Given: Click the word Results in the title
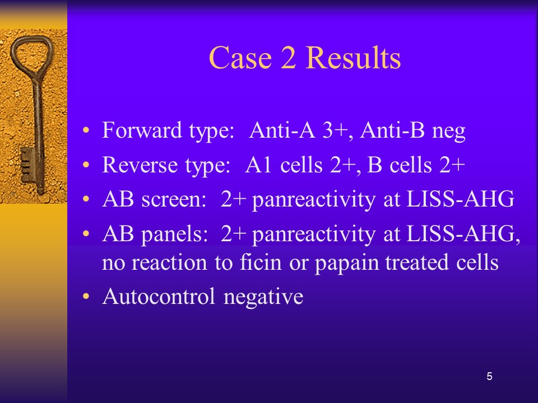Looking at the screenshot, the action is click(353, 58).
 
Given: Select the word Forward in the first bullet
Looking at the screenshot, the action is click(142, 130).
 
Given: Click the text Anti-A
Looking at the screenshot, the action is click(282, 130).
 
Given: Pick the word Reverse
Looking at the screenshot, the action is click(140, 165).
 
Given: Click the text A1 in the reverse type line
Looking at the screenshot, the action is click(258, 165).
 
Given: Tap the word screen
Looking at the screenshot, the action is click(174, 199).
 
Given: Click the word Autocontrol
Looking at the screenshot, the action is click(159, 297).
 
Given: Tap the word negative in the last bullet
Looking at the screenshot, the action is click(263, 297).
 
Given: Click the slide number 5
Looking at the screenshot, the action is click(489, 376).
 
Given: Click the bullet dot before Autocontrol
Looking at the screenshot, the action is click(86, 296).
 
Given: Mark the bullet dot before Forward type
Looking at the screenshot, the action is click(86, 130).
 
